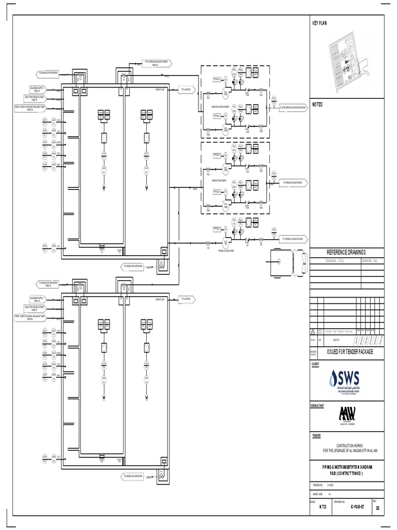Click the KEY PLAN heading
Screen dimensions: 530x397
coord(320,23)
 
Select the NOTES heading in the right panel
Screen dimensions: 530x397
coord(317,104)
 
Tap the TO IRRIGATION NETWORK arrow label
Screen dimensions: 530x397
coord(295,183)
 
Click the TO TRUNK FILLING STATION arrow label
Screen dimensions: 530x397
coord(295,239)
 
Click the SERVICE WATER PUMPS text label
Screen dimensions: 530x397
coord(221,107)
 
